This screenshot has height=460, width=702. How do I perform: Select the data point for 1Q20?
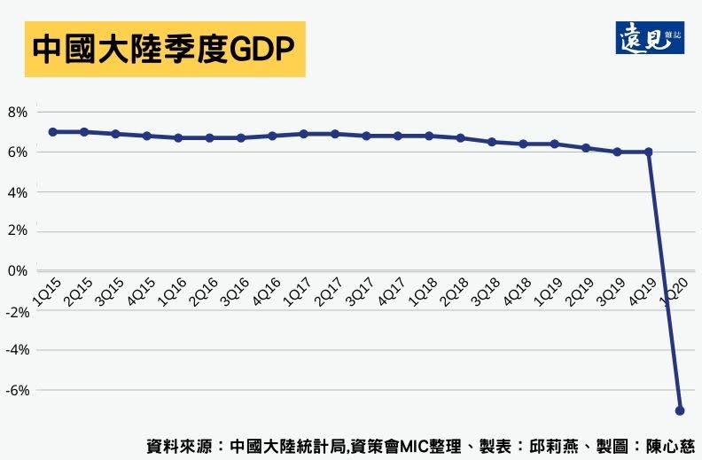tap(681, 410)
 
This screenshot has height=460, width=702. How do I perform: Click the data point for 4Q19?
tap(649, 152)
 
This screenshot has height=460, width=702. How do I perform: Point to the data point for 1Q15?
tap(52, 131)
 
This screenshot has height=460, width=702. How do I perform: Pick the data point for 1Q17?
tap(303, 134)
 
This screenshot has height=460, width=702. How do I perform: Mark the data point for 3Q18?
tap(492, 142)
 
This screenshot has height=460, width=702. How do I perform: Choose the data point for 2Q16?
tap(209, 137)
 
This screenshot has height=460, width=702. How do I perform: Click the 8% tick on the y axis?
tap(18, 113)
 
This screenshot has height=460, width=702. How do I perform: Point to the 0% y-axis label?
tap(18, 271)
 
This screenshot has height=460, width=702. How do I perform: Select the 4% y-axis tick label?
tap(18, 191)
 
